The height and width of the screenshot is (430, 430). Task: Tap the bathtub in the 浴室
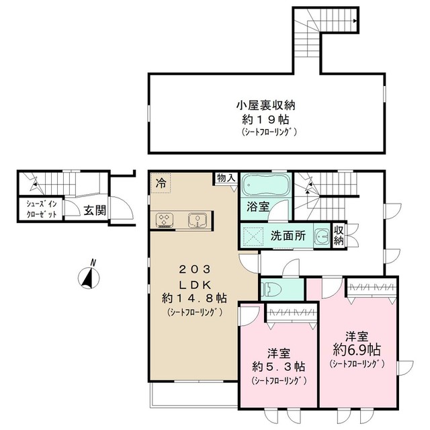point(265,185)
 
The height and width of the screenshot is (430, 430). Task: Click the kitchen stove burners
point(165,219)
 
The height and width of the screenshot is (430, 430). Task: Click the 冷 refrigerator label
point(161,181)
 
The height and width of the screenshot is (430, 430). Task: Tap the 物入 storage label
point(225,177)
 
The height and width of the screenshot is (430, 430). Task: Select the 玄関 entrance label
point(95,210)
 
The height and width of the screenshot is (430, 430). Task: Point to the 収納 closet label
point(339,234)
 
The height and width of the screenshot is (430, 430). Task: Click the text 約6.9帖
point(357,350)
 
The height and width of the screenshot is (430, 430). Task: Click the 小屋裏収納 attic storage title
point(266,105)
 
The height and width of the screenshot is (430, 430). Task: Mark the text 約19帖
point(266,119)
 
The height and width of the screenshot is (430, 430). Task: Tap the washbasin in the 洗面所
point(322,236)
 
